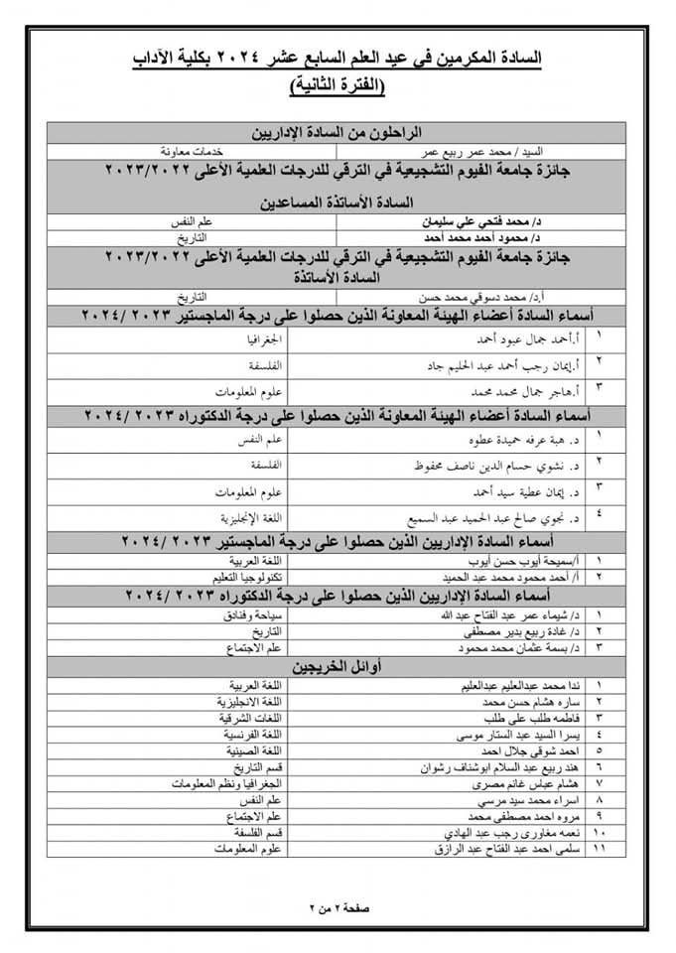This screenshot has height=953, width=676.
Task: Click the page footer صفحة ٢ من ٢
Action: tap(339, 906)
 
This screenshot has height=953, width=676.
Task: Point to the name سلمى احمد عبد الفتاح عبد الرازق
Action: tap(501, 850)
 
